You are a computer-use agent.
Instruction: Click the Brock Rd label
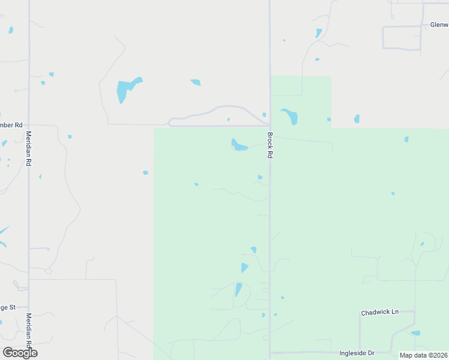click(x=270, y=145)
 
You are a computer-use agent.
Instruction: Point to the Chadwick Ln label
click(x=379, y=313)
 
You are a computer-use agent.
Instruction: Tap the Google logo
click(x=20, y=353)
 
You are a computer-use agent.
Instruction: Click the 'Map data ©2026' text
click(x=423, y=355)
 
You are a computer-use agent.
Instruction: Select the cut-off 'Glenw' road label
click(x=439, y=25)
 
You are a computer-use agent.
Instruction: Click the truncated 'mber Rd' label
click(x=11, y=125)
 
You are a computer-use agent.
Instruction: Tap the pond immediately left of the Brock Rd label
click(x=239, y=145)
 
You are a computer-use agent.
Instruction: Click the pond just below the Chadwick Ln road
click(x=415, y=333)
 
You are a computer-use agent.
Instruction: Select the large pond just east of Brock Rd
click(x=291, y=115)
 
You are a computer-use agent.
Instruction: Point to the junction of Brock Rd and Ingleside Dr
click(x=270, y=353)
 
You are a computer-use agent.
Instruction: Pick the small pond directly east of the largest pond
click(x=195, y=82)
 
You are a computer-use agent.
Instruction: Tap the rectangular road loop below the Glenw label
click(x=402, y=37)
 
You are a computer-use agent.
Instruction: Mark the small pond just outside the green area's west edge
click(x=145, y=173)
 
